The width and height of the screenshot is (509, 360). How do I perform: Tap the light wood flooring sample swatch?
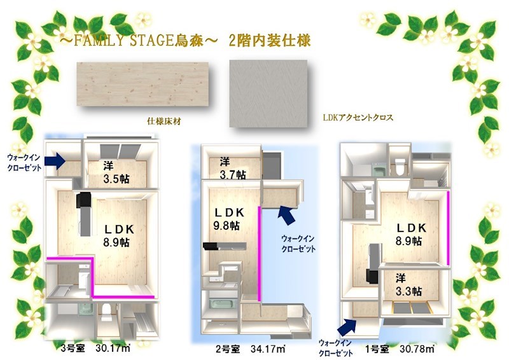tap(142, 84)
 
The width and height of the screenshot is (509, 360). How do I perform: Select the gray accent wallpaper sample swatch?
tap(268, 93)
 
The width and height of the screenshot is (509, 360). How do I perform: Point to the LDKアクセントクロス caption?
tap(358, 117)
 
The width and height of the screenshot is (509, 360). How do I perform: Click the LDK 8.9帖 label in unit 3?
tap(118, 236)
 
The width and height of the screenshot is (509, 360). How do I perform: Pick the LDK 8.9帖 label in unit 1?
tap(410, 234)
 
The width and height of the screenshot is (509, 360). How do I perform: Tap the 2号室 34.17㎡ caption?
tap(250, 349)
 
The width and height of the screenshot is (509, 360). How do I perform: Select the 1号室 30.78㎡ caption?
tap(400, 349)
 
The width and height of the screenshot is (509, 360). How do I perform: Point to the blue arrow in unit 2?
tap(287, 215)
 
